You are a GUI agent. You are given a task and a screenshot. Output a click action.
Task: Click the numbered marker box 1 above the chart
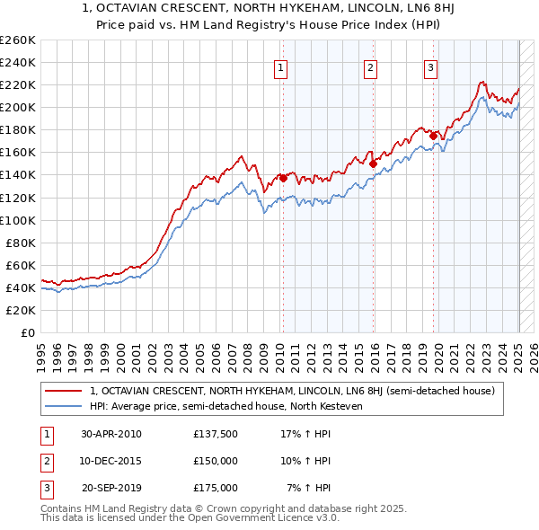pos(281,67)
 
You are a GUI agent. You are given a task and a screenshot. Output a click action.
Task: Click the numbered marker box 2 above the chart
pos(370,67)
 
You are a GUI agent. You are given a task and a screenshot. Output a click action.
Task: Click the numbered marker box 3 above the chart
pos(430,67)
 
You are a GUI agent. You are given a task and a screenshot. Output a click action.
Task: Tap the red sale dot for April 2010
pos(283,178)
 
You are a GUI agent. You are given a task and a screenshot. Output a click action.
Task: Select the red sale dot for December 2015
pos(373,163)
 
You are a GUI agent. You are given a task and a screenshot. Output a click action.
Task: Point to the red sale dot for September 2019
pos(433,136)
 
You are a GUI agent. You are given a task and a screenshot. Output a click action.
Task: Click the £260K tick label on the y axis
pos(17,40)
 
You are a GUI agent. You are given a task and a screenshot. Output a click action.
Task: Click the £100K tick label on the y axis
pos(17,220)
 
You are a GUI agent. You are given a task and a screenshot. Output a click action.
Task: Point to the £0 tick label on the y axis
pos(27,332)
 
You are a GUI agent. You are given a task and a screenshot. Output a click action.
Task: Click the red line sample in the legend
pos(64,391)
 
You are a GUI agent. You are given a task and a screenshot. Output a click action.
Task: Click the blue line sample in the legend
pos(64,406)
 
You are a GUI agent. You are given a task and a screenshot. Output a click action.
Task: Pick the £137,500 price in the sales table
pos(215,434)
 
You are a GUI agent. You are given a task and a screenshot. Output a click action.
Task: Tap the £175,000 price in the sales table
pos(215,488)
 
